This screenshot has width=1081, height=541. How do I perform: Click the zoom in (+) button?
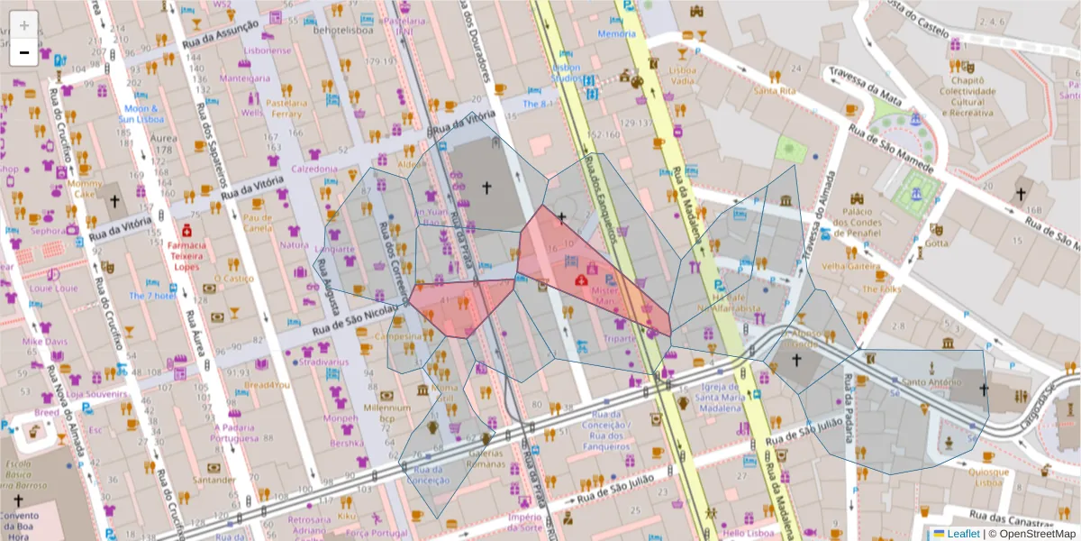pos(23,24)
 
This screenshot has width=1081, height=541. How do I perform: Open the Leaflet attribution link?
pos(963,534)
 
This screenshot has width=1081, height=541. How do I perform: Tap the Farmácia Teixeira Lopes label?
pos(187,256)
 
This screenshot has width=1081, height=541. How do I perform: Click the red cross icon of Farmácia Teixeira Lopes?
pos(186,230)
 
